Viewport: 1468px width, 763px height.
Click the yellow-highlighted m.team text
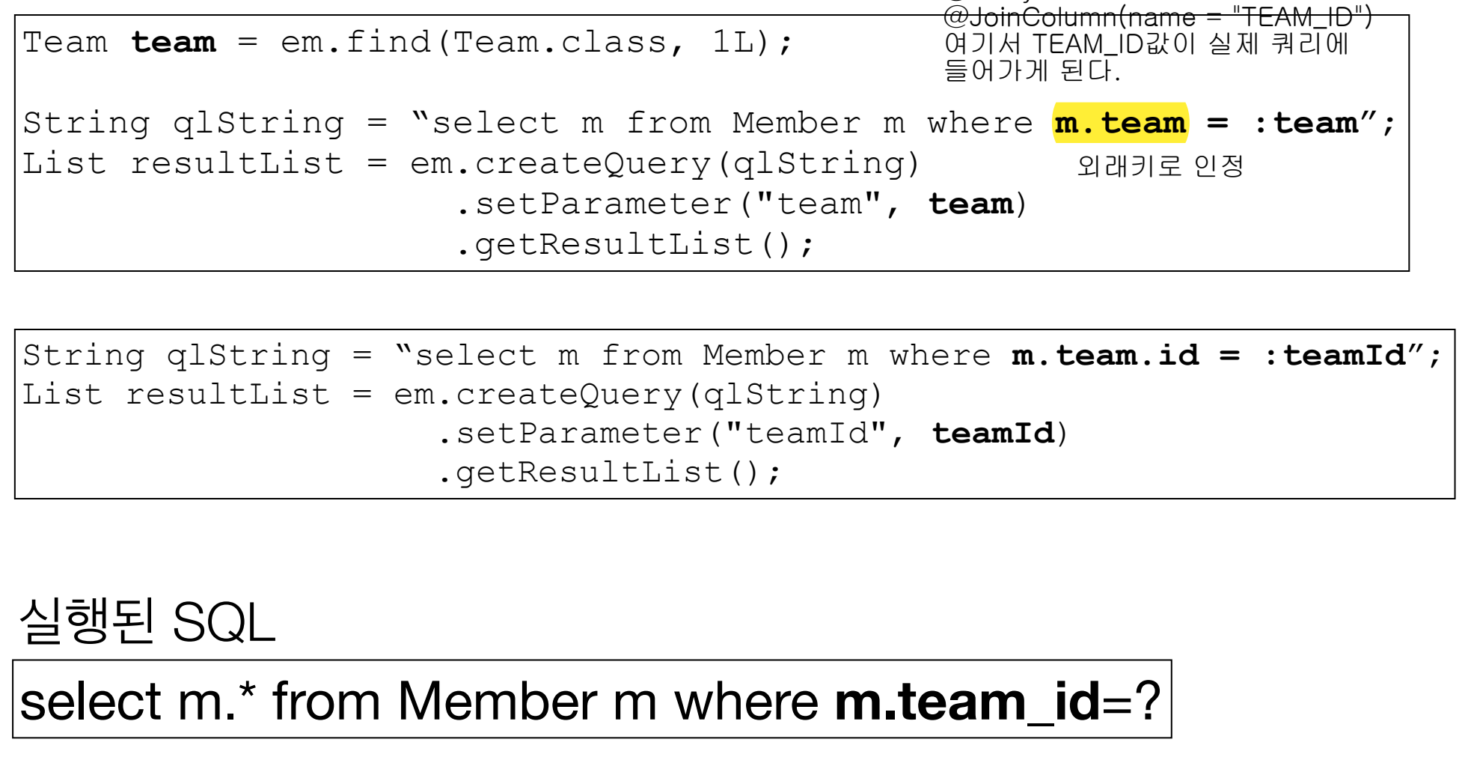pos(1119,124)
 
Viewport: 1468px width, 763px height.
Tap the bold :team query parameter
pos(1306,124)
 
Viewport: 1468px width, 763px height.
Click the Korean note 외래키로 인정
pos(1160,165)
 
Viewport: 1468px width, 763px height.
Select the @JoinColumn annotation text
pos(1157,16)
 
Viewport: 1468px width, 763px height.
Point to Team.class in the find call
pos(558,43)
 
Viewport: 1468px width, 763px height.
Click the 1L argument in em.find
pos(733,43)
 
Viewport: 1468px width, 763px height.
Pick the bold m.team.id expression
pos(1105,356)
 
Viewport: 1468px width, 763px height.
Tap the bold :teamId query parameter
pos(1335,356)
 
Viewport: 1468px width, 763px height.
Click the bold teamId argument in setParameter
pos(992,434)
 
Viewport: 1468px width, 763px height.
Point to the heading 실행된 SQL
pos(147,621)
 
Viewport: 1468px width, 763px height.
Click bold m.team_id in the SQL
pos(967,702)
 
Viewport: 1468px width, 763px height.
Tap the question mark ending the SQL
pos(1146,702)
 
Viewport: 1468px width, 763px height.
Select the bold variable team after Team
pos(174,43)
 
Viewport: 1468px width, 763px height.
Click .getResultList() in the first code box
pos(633,245)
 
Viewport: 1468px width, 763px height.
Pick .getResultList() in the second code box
pos(608,473)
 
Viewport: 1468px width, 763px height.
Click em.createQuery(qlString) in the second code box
pos(637,395)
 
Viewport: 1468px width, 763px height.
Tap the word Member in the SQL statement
pos(497,702)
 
